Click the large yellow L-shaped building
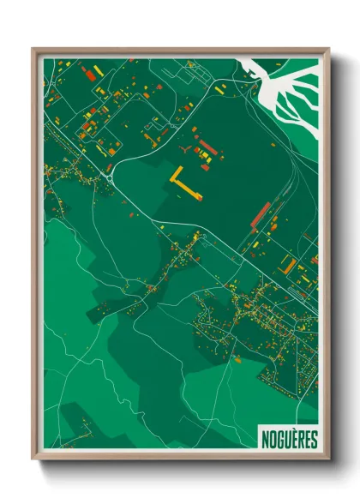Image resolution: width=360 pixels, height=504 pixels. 183,183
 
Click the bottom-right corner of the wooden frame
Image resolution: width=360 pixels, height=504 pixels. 328,459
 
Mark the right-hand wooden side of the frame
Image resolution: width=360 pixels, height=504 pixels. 326,257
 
